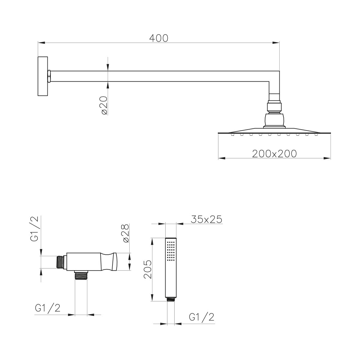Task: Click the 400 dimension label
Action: [159, 38]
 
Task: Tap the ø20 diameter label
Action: [104, 105]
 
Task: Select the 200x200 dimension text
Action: [274, 154]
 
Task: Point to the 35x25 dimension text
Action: [206, 219]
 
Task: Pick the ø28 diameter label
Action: [126, 233]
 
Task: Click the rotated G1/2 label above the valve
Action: [34, 229]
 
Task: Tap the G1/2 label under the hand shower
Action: [202, 317]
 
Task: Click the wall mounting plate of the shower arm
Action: [43, 76]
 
